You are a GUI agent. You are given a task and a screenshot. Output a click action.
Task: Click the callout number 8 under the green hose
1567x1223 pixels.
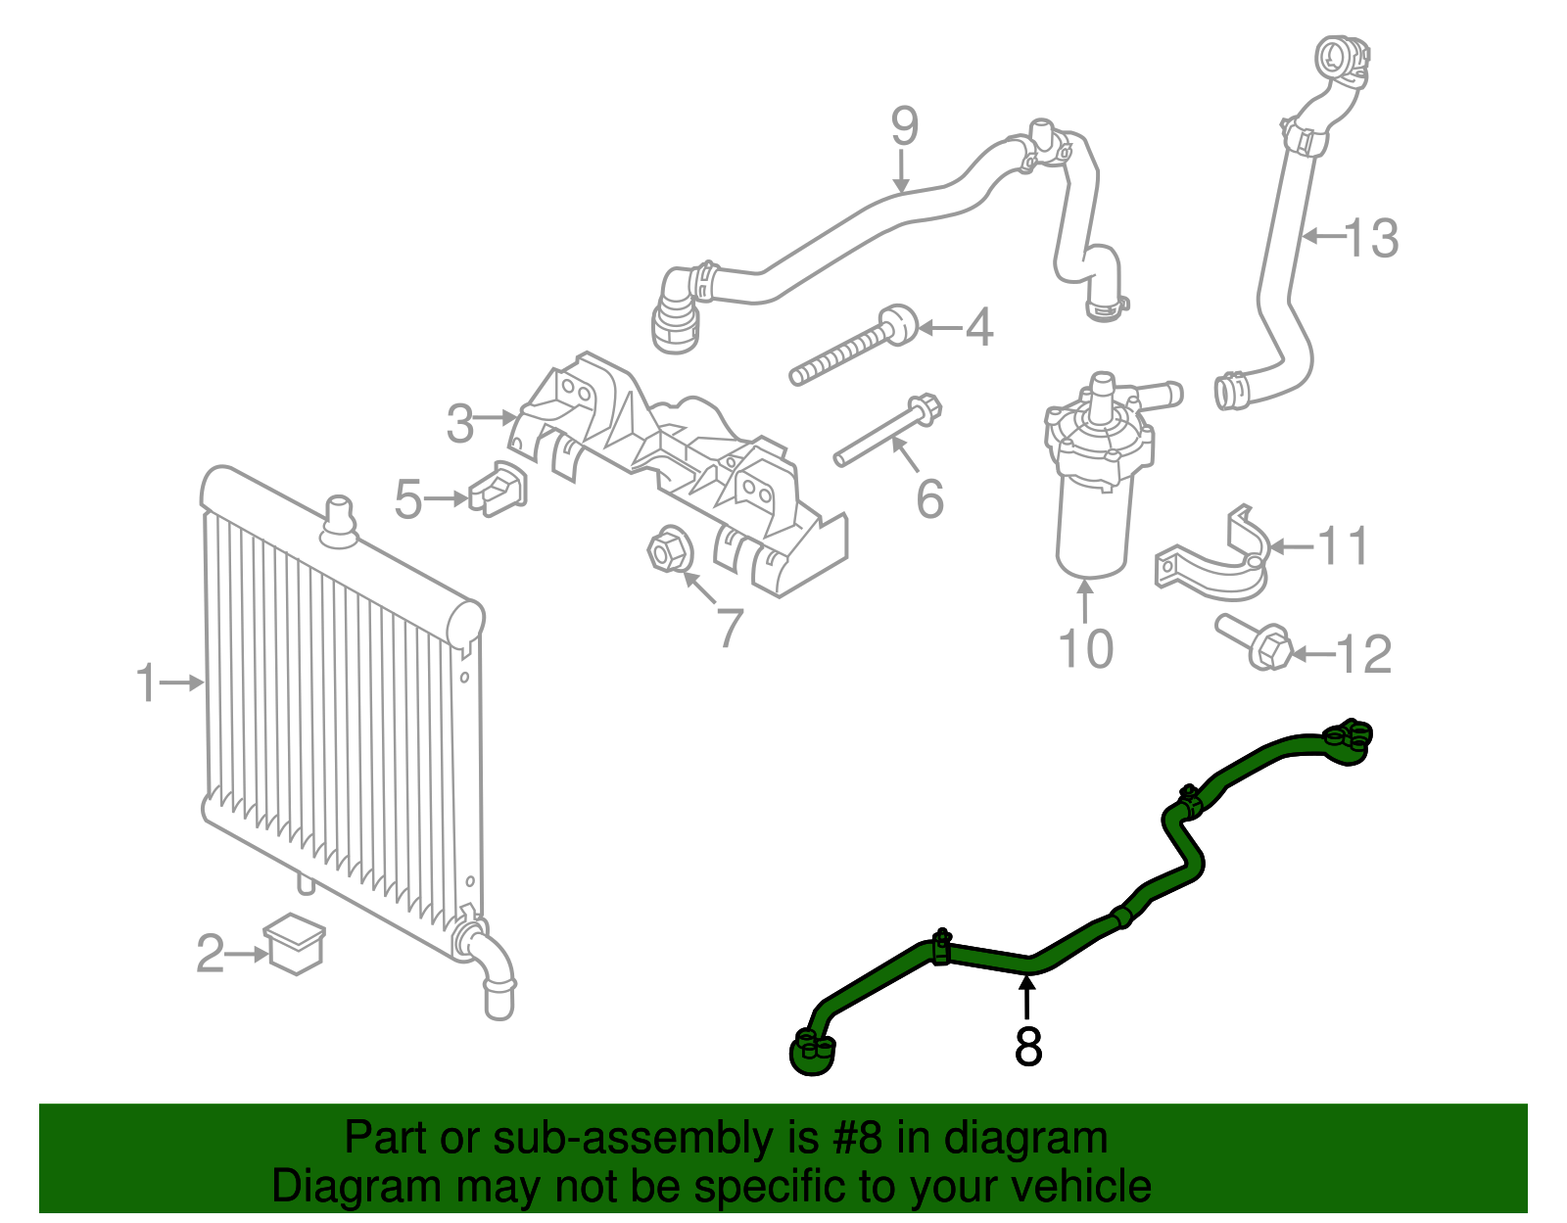[1027, 1046]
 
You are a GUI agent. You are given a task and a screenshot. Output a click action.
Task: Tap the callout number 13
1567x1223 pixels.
[1371, 238]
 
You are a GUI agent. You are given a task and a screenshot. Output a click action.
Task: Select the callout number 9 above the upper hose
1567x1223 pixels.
[904, 126]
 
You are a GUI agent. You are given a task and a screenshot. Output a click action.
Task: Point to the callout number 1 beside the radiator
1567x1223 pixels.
[146, 682]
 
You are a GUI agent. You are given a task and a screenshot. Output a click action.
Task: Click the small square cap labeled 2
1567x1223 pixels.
[295, 943]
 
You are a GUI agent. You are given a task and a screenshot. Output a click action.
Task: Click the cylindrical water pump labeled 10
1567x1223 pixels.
[1093, 490]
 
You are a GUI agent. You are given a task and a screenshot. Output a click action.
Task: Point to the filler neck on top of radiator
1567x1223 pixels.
[339, 521]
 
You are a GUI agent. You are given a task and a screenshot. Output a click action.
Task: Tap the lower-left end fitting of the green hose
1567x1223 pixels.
[812, 1053]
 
